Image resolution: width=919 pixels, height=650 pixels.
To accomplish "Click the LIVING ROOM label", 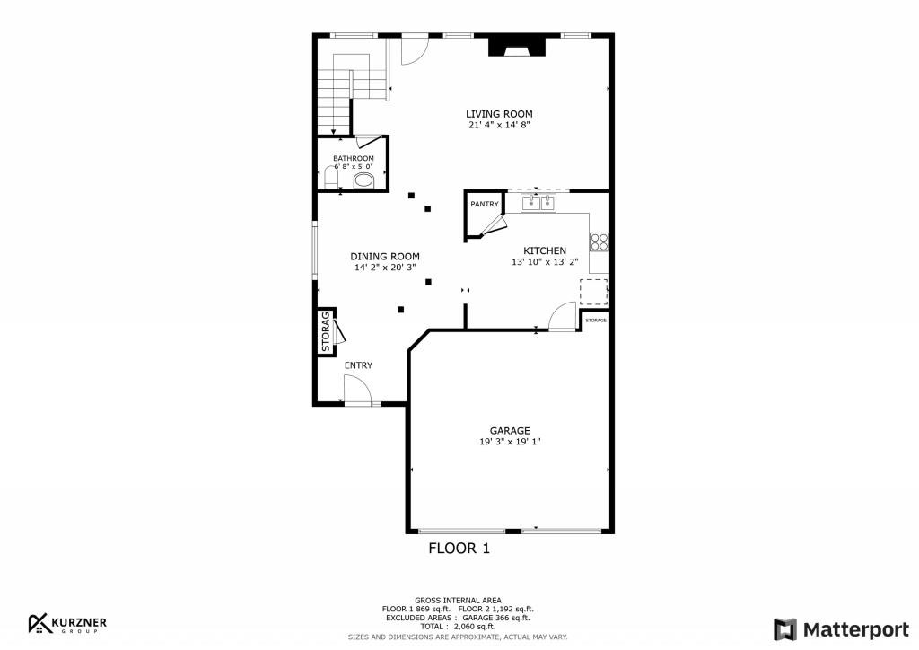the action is point(499,114).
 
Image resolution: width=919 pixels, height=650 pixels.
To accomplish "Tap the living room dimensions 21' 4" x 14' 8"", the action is point(499,125).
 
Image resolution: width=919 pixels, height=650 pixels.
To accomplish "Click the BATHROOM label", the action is point(354,158).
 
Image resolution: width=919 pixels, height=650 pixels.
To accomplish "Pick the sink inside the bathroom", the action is point(363,180).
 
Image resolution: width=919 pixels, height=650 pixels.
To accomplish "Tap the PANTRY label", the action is point(485,204).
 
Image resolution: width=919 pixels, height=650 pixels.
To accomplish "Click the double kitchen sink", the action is point(538,203).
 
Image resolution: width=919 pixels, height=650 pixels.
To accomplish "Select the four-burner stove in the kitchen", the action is point(599,242).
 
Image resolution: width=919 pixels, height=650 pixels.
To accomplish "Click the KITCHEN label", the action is point(545,250).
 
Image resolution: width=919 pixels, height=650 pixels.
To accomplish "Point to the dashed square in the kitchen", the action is point(594,293).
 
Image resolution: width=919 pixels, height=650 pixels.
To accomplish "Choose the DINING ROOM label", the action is point(384,257).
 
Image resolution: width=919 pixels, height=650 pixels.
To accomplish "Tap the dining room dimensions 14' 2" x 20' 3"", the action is point(384,268).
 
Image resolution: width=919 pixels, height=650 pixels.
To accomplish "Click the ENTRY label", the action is point(358,365).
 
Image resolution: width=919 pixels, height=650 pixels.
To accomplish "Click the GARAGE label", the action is point(510,431).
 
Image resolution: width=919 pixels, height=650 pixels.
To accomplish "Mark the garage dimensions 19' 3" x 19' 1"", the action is point(510,442).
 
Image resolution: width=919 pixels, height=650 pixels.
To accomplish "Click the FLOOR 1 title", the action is point(459,549).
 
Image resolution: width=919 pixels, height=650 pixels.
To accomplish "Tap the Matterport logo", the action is point(841,630).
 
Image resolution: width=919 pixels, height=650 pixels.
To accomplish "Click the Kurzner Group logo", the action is point(67,624).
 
